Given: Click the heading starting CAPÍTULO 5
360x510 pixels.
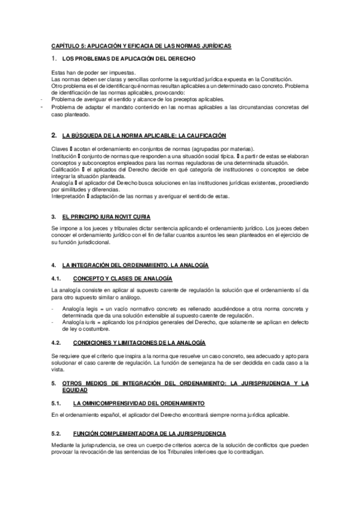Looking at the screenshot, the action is (141, 46).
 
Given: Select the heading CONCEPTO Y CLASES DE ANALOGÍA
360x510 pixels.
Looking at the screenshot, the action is (122, 278).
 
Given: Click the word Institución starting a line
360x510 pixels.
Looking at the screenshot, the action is (64, 156).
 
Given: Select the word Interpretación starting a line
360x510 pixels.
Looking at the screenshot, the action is (67, 196).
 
